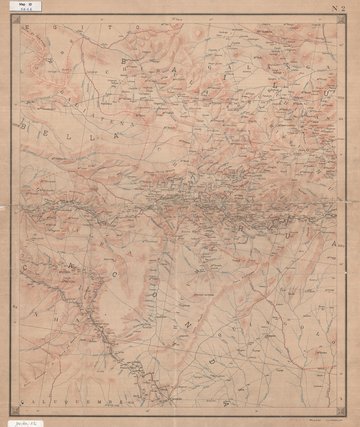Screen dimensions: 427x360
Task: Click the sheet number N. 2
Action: (334, 11)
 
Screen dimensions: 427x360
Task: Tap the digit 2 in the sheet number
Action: (340, 11)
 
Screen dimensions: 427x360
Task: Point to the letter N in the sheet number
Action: (329, 11)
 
